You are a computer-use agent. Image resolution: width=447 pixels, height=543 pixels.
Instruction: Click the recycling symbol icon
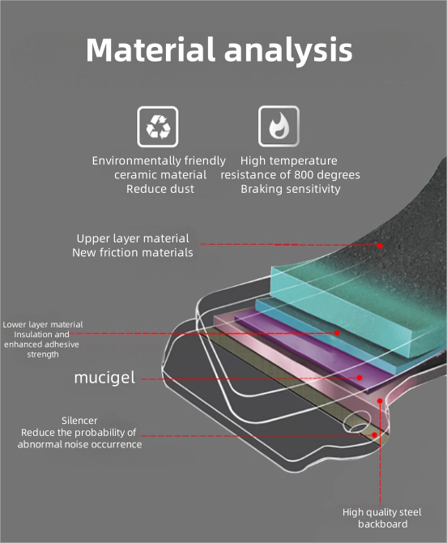(158, 126)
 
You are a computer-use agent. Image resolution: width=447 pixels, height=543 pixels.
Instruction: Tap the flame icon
(279, 126)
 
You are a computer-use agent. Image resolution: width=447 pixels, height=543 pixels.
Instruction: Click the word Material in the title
(151, 49)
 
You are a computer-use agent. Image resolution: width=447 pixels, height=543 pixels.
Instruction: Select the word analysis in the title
(288, 51)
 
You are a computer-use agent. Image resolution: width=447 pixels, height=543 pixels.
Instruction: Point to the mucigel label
(104, 378)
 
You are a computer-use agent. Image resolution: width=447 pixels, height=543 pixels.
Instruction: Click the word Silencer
(79, 421)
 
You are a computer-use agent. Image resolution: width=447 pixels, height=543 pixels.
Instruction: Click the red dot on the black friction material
(380, 246)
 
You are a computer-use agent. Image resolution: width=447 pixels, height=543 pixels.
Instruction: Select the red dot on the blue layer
(337, 333)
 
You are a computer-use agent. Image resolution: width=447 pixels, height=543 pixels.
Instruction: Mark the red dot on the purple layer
(360, 378)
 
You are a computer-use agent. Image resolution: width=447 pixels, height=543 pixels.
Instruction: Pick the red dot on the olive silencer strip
(374, 435)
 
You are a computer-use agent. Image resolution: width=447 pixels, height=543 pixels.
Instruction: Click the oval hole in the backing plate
(357, 421)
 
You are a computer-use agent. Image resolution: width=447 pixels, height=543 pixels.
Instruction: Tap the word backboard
(383, 524)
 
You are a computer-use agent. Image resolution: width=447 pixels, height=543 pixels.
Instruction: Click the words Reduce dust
(160, 189)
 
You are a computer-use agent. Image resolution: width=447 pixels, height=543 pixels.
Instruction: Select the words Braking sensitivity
(291, 189)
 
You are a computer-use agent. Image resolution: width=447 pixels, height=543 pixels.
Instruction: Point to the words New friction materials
(133, 252)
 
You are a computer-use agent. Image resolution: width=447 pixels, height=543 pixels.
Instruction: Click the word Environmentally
(136, 160)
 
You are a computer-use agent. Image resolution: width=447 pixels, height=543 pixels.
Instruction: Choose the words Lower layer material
(43, 324)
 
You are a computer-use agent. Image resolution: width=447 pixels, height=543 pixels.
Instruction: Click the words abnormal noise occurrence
(79, 444)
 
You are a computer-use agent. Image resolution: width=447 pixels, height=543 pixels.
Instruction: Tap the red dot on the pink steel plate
(380, 400)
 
